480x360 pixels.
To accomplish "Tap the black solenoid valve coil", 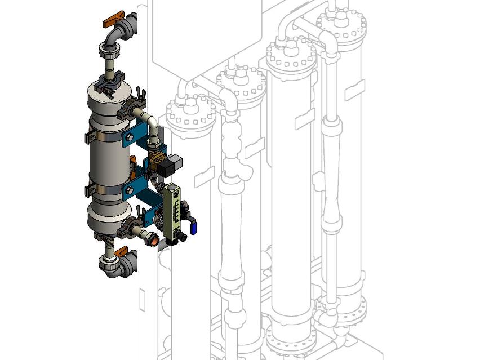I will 169,166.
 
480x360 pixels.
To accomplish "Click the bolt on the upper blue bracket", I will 130,137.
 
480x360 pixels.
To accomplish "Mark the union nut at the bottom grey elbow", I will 109,263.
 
